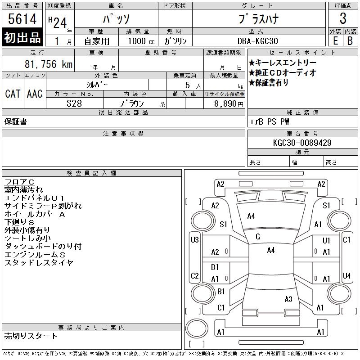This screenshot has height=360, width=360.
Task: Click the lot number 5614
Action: point(22,18)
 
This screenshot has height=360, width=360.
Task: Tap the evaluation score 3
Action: point(343,18)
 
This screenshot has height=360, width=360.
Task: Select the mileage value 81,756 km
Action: point(49,64)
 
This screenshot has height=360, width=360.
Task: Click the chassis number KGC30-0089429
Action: point(302,143)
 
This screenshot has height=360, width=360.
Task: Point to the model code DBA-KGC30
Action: point(257,41)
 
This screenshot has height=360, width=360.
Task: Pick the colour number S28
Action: point(74,103)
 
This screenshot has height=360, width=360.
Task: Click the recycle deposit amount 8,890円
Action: point(229,104)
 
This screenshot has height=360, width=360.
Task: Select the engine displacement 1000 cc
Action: point(141,41)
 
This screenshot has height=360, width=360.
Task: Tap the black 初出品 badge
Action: point(22,37)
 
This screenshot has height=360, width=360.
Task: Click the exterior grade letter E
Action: point(335,41)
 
